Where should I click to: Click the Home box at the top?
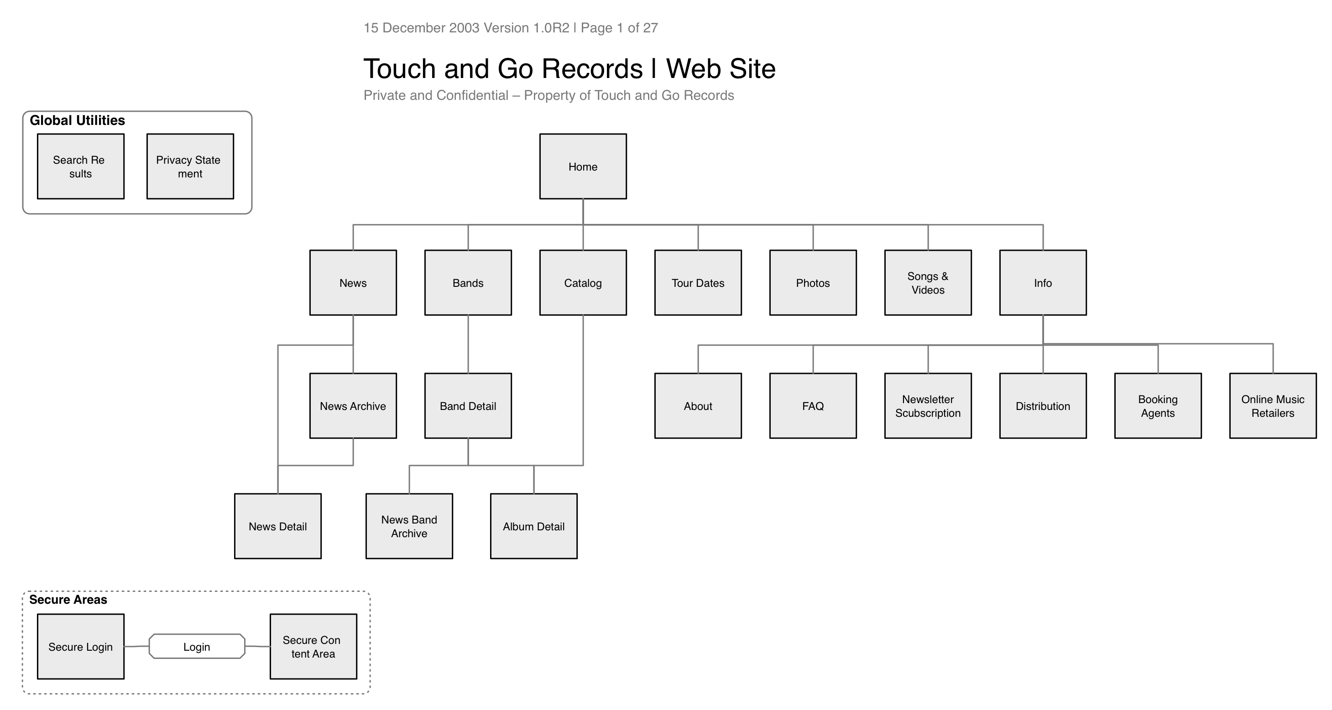pos(583,166)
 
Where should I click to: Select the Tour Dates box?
pos(698,283)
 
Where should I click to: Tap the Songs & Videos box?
pos(928,283)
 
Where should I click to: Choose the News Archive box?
pos(353,406)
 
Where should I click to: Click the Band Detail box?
pos(467,406)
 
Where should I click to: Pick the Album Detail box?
pos(533,526)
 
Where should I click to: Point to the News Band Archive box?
pos(409,526)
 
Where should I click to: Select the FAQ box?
pos(812,406)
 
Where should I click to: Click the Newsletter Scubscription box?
pos(928,406)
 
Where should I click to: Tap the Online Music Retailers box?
pos(1273,406)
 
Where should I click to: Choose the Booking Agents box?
pos(1157,406)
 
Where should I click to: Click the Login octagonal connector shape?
pos(197,647)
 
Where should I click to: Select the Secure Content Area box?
pos(313,647)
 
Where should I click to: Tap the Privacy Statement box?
pos(190,166)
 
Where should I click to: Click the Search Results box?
pos(80,166)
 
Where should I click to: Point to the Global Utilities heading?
pos(77,120)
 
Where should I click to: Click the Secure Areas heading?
pos(68,599)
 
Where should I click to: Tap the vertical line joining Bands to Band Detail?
pos(468,344)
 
